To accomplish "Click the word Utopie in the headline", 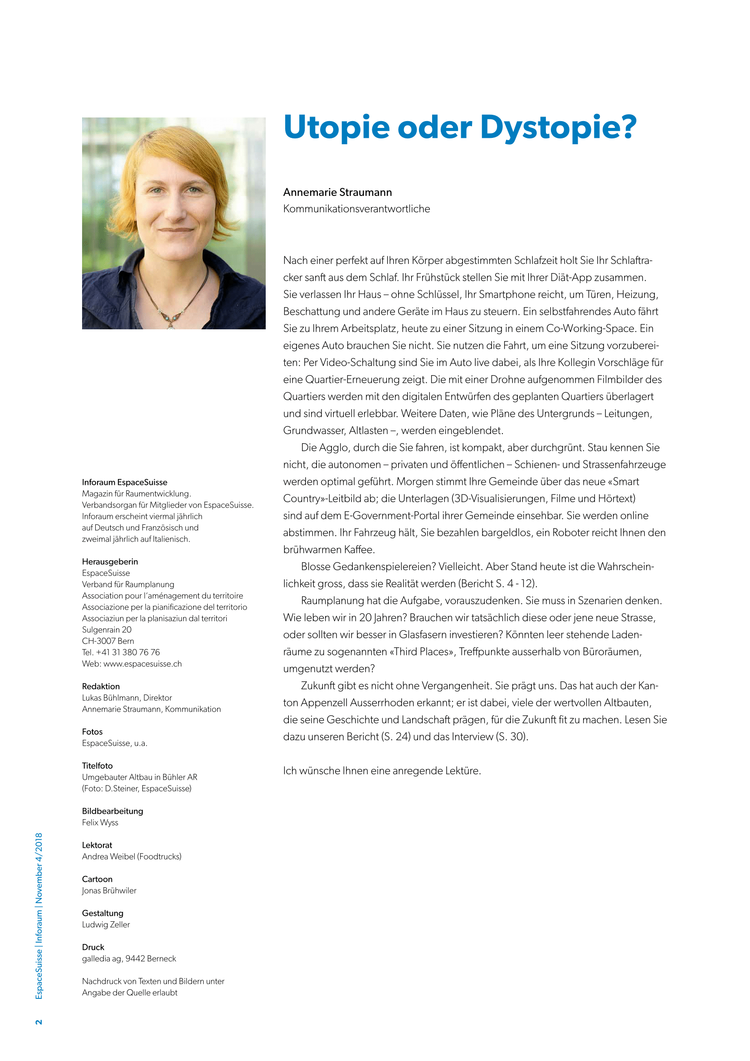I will tap(336, 127).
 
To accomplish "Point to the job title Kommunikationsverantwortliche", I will tap(356, 209).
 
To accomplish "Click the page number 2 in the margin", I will tap(39, 1022).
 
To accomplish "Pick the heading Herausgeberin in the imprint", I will tap(110, 562).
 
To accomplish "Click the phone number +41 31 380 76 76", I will tap(128, 652).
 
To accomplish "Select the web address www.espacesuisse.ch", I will tap(142, 664).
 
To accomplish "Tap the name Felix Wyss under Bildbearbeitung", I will tap(100, 822).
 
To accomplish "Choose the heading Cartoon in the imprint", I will tap(97, 879).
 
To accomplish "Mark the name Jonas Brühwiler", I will tap(109, 890).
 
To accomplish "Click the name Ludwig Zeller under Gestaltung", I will tap(106, 924).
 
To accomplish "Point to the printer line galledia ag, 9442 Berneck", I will tap(129, 958).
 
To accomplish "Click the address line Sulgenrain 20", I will tap(107, 630).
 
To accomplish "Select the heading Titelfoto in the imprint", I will tap(97, 766).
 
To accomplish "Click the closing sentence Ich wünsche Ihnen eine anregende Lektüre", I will tap(382, 771).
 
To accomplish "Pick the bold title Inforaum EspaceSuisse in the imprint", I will tap(125, 482).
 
